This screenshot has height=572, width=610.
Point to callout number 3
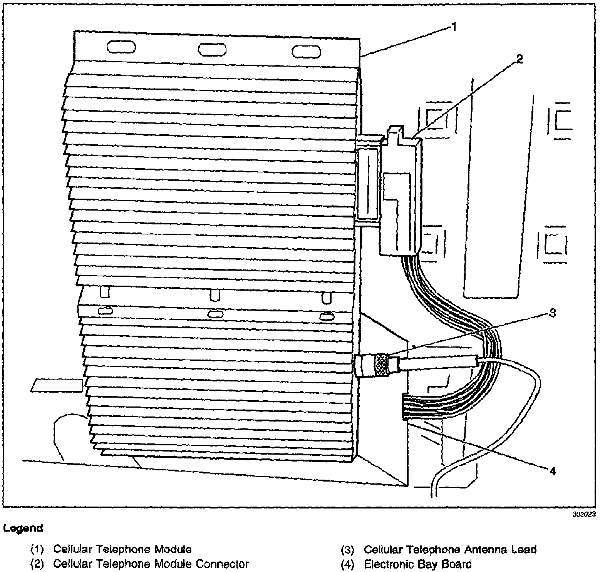(x=552, y=313)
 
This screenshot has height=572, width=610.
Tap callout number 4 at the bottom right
(x=552, y=471)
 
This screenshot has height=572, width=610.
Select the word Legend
(x=23, y=528)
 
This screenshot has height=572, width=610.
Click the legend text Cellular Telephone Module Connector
(x=151, y=564)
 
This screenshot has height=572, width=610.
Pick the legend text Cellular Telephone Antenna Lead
(x=450, y=549)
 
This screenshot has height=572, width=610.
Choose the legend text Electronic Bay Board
(x=417, y=564)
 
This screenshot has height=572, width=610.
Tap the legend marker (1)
(x=37, y=550)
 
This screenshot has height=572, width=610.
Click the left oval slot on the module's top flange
(x=121, y=47)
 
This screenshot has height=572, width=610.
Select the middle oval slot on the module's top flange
(x=212, y=50)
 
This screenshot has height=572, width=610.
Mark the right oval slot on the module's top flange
(x=306, y=52)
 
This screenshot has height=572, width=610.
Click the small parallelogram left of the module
(x=57, y=385)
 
